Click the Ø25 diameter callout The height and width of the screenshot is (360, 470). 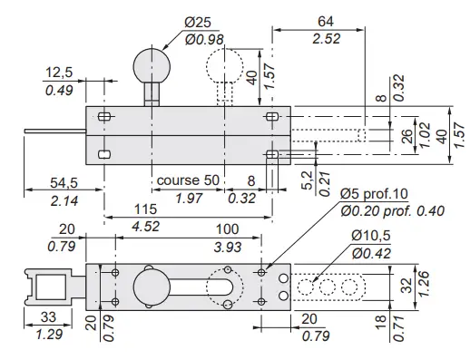pyautogui.click(x=198, y=23)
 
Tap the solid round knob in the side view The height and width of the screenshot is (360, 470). pyautogui.click(x=152, y=66)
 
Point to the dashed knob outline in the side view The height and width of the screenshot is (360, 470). pyautogui.click(x=224, y=65)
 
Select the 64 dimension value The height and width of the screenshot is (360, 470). pyautogui.click(x=326, y=22)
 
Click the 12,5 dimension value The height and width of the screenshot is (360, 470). pyautogui.click(x=59, y=73)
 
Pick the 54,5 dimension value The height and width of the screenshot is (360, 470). pyautogui.click(x=64, y=182)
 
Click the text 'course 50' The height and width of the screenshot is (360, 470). pyautogui.click(x=188, y=180)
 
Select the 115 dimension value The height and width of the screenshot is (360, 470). pyautogui.click(x=145, y=209)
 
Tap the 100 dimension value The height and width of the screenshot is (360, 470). pyautogui.click(x=227, y=229)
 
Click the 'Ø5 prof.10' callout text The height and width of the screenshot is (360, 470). pyautogui.click(x=374, y=194)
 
